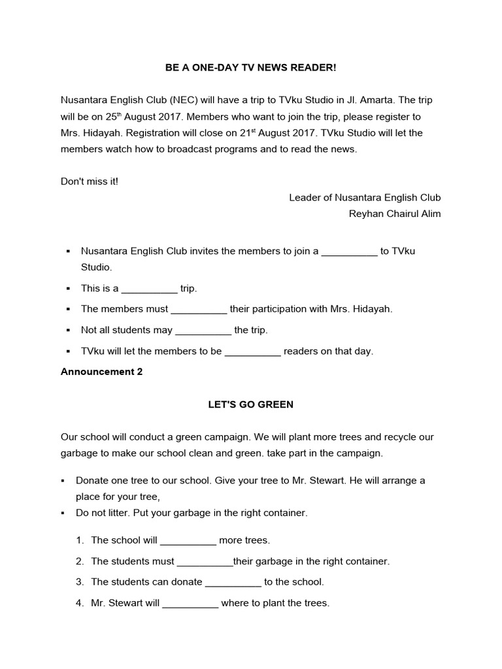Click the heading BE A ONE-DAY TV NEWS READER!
[x=250, y=68]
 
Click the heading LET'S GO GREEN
[x=250, y=404]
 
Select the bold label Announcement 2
[x=101, y=372]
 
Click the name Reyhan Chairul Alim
[x=395, y=214]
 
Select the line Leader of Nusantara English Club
[x=365, y=197]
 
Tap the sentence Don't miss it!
[x=90, y=181]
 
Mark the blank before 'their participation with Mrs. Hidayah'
[x=199, y=310]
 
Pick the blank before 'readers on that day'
[x=252, y=351]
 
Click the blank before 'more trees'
[x=188, y=541]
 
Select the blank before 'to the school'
[x=233, y=582]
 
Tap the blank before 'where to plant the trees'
[x=190, y=604]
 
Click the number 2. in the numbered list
[x=80, y=561]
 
